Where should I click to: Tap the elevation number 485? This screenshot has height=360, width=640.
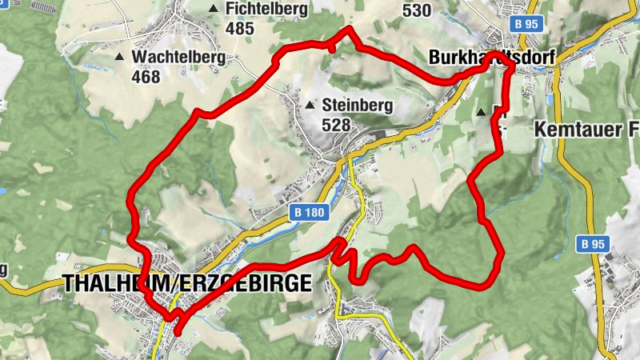pos(240,29)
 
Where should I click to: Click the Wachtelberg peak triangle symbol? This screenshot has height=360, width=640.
pos(119,57)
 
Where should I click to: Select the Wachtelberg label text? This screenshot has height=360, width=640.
pos(178,58)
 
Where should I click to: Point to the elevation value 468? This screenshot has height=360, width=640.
pos(146,77)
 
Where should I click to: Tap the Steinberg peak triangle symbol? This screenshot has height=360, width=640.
pos(309,105)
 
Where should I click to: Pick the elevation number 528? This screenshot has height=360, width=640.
pos(335,125)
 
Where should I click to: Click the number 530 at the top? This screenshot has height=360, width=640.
pos(417,10)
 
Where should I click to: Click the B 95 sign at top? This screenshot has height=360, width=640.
pos(528,25)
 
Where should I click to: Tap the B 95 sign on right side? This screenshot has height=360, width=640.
pos(592,244)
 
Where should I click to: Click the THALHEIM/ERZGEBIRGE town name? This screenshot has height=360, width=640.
pos(186,283)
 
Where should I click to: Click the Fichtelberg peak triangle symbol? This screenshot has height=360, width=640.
pos(213,9)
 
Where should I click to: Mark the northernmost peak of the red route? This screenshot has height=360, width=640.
pos(349,30)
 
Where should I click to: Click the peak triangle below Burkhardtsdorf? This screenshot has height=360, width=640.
pos(481,113)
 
